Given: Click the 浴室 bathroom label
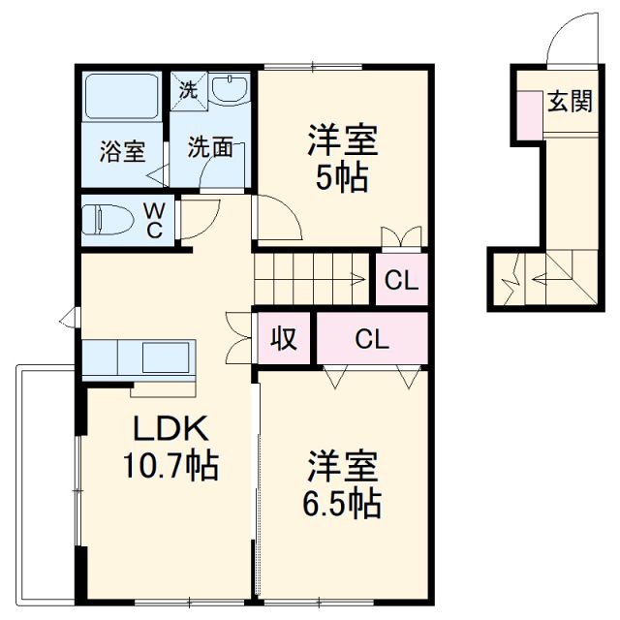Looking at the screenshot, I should pyautogui.click(x=123, y=151).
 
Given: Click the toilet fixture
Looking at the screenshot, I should pyautogui.click(x=107, y=219).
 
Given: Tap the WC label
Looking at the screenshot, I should pyautogui.click(x=156, y=219).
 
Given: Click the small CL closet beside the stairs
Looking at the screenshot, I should pyautogui.click(x=401, y=281).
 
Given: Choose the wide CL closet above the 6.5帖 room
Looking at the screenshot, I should pyautogui.click(x=371, y=339).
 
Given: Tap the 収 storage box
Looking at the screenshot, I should pyautogui.click(x=283, y=339).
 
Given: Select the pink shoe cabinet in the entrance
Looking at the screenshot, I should pyautogui.click(x=530, y=111).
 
